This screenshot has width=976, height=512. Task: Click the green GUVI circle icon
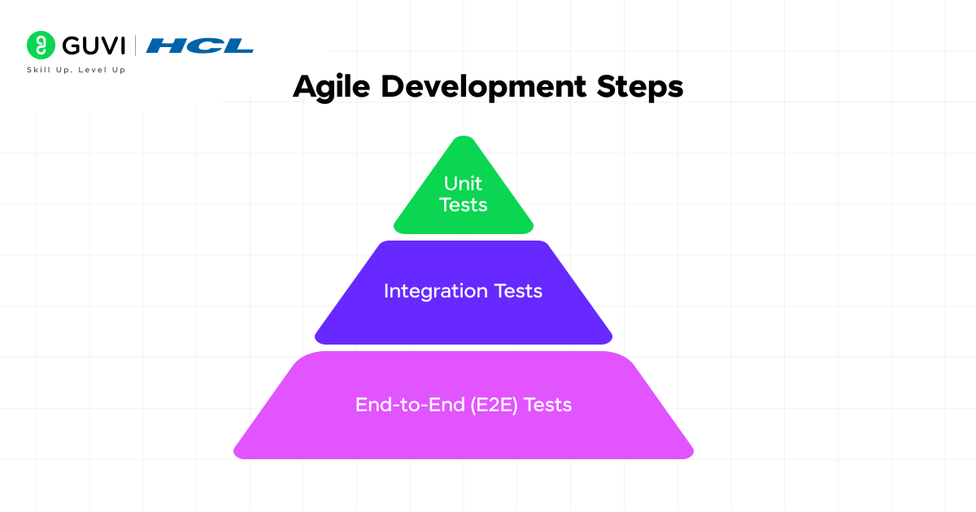(40, 45)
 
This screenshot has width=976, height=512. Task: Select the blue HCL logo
(199, 46)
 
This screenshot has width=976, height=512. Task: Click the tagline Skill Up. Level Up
(76, 70)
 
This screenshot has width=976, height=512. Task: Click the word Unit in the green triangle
(463, 184)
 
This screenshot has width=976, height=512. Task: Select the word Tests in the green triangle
(463, 205)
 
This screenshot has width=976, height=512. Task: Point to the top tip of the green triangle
(463, 138)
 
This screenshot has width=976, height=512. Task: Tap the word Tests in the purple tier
(518, 291)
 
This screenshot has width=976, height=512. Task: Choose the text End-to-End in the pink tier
(410, 404)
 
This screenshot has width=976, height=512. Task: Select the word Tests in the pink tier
(548, 404)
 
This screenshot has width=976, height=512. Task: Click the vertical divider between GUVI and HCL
(135, 46)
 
